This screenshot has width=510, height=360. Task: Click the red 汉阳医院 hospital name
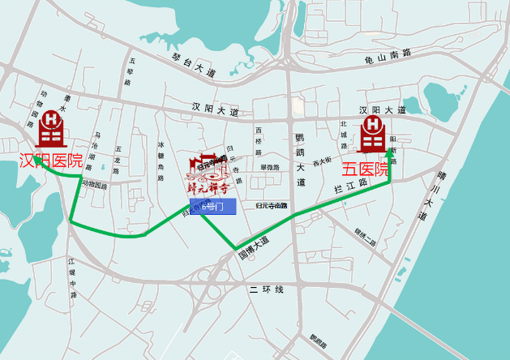coord(51,161)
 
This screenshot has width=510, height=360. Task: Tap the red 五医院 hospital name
coord(365,169)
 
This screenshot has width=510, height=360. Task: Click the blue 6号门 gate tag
coord(213,207)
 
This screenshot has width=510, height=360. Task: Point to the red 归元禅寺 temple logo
coord(208,175)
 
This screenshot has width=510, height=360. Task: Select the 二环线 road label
coord(267,289)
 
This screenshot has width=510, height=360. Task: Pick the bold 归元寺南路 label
coord(272,207)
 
